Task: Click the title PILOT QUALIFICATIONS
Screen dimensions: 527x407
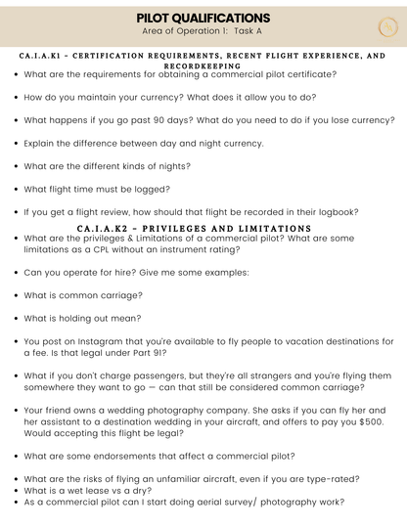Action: point(203,18)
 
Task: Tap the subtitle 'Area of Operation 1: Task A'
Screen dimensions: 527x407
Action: point(203,31)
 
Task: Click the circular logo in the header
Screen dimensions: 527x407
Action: point(387,26)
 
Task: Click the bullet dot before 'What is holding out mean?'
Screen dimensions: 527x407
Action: point(16,319)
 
